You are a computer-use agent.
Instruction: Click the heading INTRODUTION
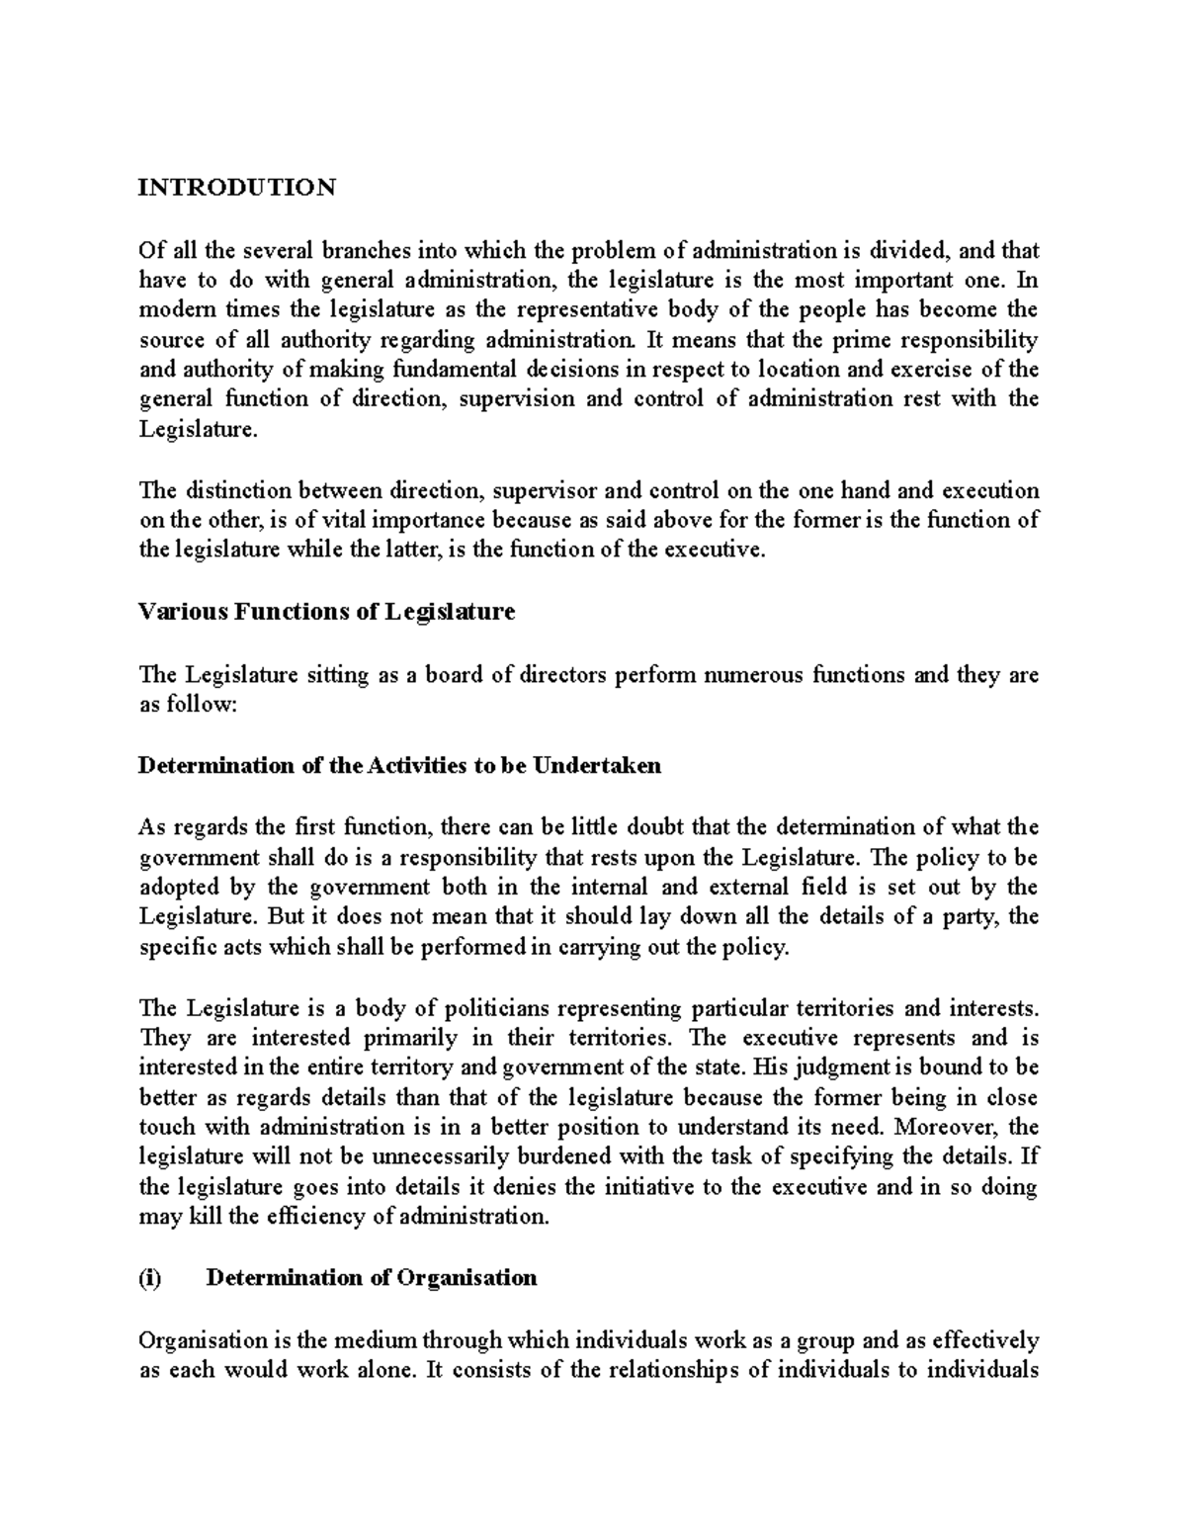click(x=237, y=188)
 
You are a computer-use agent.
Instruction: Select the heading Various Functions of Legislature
click(x=326, y=613)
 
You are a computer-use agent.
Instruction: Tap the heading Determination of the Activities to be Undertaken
click(x=399, y=766)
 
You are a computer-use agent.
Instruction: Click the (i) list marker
click(x=149, y=1278)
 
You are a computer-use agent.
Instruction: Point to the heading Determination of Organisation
click(x=371, y=1278)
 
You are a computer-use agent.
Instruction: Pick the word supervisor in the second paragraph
click(x=546, y=491)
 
